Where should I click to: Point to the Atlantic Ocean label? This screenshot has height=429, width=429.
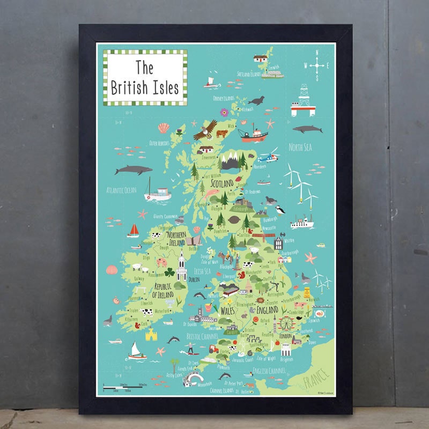(122, 190)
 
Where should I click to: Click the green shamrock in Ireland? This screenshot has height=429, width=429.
(169, 273)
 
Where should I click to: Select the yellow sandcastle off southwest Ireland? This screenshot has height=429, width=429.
(152, 335)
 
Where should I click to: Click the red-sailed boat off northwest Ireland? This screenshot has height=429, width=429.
(133, 231)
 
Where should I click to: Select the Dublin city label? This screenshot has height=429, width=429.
(194, 279)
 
